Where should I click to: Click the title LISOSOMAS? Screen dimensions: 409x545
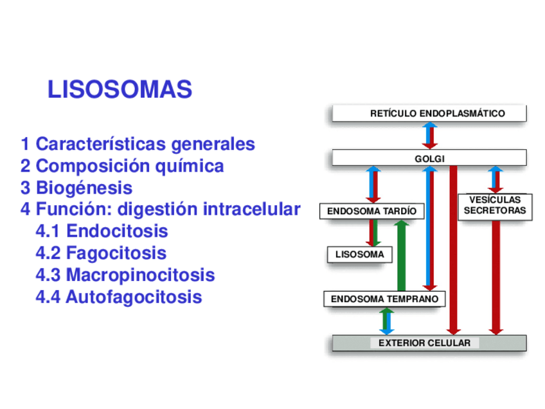pyautogui.click(x=120, y=90)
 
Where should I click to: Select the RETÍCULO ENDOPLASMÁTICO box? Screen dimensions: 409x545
pyautogui.click(x=429, y=114)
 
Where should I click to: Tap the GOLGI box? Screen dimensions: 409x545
pyautogui.click(x=429, y=158)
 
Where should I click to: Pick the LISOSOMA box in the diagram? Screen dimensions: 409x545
pyautogui.click(x=359, y=255)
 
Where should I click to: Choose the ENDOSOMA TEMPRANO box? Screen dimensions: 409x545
pyautogui.click(x=384, y=299)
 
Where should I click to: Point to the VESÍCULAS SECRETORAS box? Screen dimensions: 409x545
pyautogui.click(x=495, y=206)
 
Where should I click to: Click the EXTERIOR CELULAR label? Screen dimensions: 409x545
pyautogui.click(x=424, y=343)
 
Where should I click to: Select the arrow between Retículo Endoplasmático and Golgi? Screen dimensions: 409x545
pyautogui.click(x=429, y=136)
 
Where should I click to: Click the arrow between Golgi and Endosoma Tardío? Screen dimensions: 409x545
pyautogui.click(x=373, y=185)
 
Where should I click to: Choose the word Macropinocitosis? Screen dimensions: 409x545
pyautogui.click(x=140, y=275)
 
